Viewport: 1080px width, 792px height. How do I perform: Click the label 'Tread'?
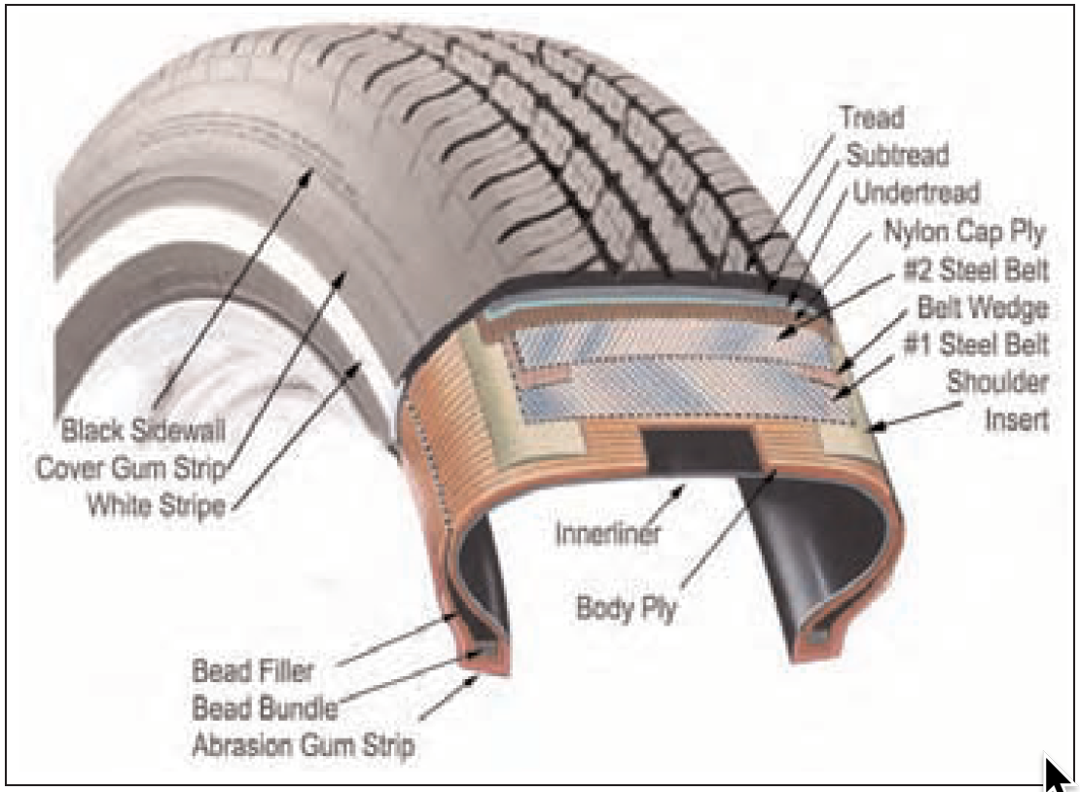[871, 119]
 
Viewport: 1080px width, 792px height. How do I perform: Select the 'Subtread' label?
[897, 154]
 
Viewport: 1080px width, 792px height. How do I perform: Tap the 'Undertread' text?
[916, 192]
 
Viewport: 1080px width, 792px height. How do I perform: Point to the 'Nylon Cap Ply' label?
[963, 233]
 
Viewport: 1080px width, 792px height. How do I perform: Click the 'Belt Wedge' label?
[983, 309]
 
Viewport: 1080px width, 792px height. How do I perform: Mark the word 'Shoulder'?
[997, 383]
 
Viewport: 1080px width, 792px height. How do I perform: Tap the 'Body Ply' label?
[626, 609]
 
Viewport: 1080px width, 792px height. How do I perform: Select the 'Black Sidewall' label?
[146, 428]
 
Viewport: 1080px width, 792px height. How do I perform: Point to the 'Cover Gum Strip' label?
[130, 467]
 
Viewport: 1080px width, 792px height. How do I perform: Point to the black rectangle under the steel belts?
[700, 451]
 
